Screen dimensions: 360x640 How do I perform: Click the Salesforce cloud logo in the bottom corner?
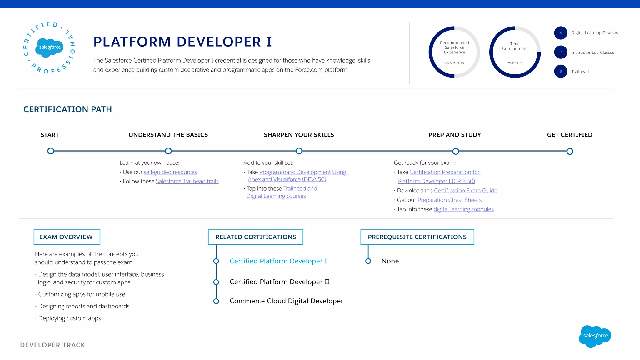coord(595,336)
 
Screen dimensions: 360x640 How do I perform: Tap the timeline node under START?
coord(51,151)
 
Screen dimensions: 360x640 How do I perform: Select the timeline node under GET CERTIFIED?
coord(570,152)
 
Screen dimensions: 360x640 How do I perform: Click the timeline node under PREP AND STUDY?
coord(456,152)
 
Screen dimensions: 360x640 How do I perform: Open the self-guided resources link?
coord(170,172)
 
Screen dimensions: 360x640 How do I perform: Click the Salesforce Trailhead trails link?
coord(187,181)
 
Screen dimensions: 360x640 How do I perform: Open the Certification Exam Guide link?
coord(466,191)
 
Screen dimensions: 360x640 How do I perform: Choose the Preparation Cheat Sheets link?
coord(449,200)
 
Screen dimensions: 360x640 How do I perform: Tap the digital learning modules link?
coord(463,209)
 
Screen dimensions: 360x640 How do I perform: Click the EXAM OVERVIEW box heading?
coord(67,237)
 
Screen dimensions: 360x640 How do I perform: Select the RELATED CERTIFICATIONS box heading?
coord(256,237)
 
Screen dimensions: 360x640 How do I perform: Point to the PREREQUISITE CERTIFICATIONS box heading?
coord(417,237)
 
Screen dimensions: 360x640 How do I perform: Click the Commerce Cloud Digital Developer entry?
coord(286,301)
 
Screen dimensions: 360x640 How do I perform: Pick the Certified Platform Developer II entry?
coord(279,282)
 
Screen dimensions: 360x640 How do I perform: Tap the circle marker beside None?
coord(368,261)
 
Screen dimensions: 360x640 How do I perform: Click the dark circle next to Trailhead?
coord(561,71)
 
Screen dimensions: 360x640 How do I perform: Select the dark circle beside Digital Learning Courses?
coord(561,33)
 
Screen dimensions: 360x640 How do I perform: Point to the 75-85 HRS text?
coord(515,63)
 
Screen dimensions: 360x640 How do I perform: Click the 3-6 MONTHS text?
coord(454,63)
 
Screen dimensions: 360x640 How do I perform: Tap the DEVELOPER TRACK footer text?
coord(52,345)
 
